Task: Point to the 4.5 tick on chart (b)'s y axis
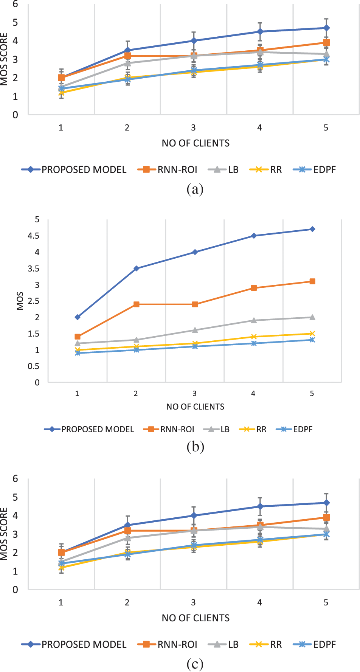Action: click(x=34, y=236)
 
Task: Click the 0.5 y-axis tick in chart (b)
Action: click(x=34, y=366)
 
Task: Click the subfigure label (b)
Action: click(x=195, y=447)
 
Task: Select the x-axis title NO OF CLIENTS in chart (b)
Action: click(x=195, y=407)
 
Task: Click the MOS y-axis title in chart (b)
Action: click(x=20, y=301)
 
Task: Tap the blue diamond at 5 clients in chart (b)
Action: click(x=312, y=229)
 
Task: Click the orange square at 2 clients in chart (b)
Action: click(x=137, y=304)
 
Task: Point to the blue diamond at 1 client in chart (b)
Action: click(x=78, y=317)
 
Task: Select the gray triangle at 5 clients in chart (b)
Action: click(x=312, y=317)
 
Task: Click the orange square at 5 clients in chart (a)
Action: click(x=326, y=43)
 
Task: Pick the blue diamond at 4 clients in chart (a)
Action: click(x=260, y=31)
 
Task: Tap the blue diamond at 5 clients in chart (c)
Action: click(x=326, y=503)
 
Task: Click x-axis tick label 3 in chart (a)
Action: click(x=193, y=128)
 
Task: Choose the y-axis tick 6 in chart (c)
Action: click(x=15, y=479)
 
